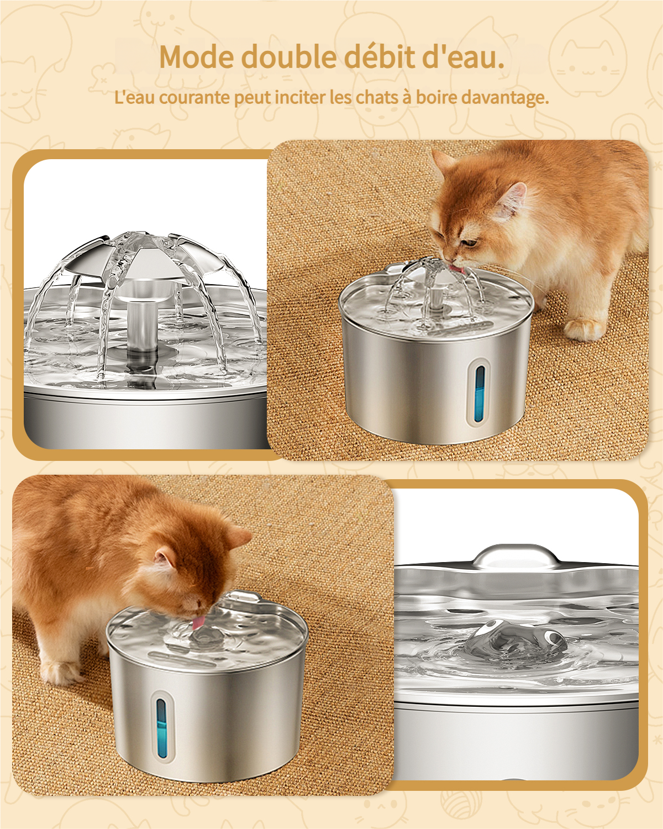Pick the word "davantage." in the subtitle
pos(505,98)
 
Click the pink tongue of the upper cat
pos(457,269)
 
